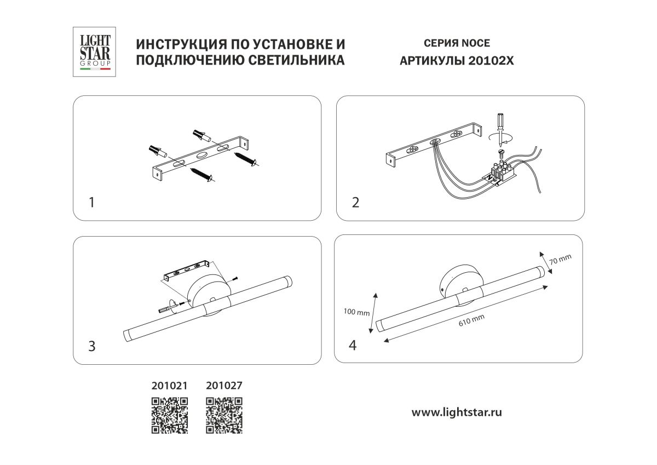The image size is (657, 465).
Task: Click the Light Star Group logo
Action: pos(95,51)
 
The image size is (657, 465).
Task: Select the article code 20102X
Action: pos(491,61)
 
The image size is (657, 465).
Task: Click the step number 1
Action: pos(91,203)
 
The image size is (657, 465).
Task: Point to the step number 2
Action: pos(355,203)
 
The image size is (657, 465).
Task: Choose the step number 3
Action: pos(91,346)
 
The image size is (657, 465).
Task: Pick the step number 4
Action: pos(353,345)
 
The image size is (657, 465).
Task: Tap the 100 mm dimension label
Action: pos(356,313)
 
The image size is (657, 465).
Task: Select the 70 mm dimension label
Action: pos(560,260)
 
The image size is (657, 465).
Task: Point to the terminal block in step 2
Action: pos(503,173)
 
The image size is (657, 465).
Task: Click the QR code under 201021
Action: pos(170,415)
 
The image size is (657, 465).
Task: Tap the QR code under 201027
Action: pos(224,415)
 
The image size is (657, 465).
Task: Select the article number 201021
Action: pos(169,385)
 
